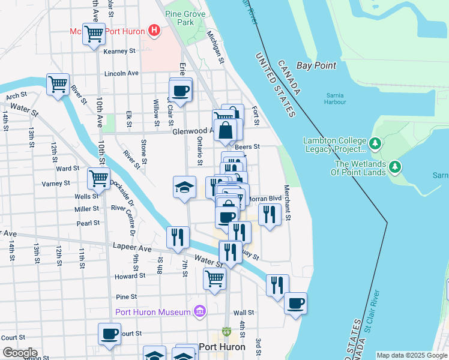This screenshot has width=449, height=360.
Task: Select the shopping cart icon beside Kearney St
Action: point(94,35)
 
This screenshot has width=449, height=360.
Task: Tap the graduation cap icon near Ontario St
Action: point(185,187)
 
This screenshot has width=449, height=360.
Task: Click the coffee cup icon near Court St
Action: point(109,334)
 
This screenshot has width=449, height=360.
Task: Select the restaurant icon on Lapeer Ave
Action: point(176,236)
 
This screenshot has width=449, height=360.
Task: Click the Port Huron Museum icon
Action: point(200,311)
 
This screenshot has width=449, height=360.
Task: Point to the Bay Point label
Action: point(316,65)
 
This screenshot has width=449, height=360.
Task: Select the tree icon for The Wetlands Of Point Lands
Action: point(396,166)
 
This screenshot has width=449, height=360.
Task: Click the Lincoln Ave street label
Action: point(121,73)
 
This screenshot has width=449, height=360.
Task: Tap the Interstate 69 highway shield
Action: point(226,331)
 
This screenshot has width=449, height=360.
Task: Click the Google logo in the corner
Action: point(20,352)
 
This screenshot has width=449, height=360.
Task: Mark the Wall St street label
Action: point(244,313)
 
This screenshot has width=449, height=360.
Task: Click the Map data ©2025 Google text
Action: point(411,355)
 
